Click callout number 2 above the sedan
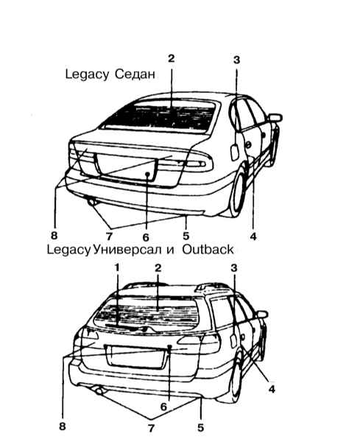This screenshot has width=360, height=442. click(x=172, y=58)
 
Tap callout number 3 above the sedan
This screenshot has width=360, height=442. click(x=236, y=60)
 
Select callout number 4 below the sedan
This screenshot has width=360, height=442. click(x=253, y=236)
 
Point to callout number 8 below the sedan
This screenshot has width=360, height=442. click(x=54, y=235)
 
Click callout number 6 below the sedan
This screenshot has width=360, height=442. click(x=146, y=237)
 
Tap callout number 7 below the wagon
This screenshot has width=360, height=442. click(x=151, y=429)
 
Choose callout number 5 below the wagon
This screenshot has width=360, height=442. click(x=200, y=427)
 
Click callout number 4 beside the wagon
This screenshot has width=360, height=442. click(x=272, y=389)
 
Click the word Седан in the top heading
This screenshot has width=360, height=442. click(x=135, y=74)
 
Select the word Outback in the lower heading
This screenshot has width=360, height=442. click(x=208, y=250)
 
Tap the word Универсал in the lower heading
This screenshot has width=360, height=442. click(x=127, y=250)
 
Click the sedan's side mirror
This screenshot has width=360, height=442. click(x=275, y=118)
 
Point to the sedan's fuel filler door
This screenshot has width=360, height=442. click(x=235, y=152)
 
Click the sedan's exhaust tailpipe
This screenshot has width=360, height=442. click(x=92, y=202)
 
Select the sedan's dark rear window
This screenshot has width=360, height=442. click(x=160, y=117)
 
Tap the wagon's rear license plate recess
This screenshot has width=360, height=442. click(x=135, y=356)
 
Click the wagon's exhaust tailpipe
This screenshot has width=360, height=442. click(x=99, y=391)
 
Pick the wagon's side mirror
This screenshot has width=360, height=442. click(x=262, y=315)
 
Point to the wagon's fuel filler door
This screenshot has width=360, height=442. click(x=233, y=340)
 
